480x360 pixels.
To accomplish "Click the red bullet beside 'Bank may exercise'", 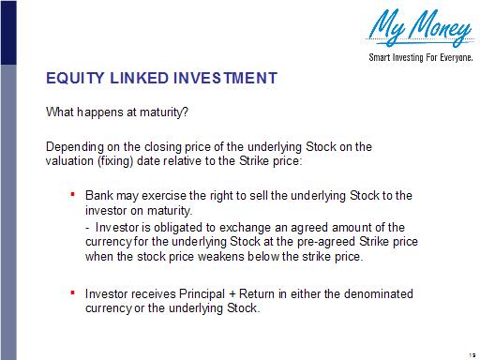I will pos(73,194).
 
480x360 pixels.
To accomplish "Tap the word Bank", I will pos(98,196).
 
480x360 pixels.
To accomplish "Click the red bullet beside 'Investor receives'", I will pos(73,292).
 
